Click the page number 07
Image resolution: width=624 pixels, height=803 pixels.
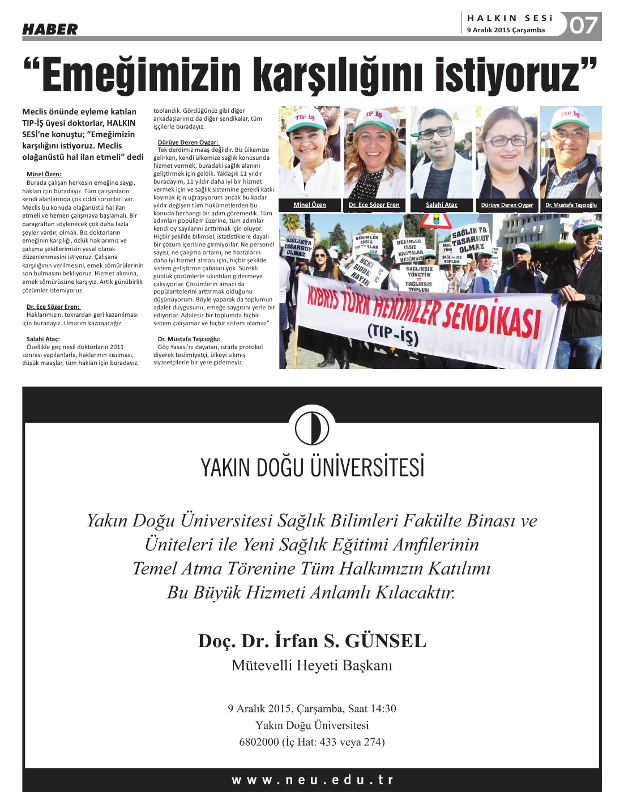(x=583, y=26)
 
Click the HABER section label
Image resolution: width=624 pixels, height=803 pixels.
(x=50, y=29)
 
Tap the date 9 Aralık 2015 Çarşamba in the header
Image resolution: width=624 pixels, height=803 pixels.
(x=506, y=30)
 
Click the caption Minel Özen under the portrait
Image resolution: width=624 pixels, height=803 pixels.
(x=309, y=205)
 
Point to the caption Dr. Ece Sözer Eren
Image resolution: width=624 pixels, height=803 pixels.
(x=374, y=205)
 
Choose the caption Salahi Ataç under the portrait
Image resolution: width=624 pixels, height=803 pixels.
(x=442, y=205)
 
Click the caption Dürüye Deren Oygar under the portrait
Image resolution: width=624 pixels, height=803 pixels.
(x=507, y=205)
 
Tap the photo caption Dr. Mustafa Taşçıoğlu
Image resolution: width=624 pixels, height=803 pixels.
(x=571, y=205)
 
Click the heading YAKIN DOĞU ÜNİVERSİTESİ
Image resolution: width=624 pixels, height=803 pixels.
(x=312, y=468)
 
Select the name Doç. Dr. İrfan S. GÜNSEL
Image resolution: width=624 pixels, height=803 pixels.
(x=312, y=641)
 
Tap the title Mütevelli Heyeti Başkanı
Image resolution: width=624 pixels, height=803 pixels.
(x=312, y=665)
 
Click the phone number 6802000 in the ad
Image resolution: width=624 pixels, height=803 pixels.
(x=259, y=742)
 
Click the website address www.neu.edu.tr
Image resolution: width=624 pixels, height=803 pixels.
(x=312, y=780)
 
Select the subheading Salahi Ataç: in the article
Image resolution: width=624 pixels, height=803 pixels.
(x=43, y=339)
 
